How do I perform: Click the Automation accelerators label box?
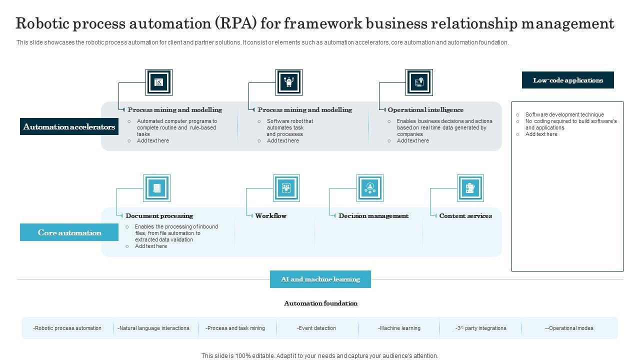69,127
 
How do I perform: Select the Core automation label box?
69,232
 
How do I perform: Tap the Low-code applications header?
567,80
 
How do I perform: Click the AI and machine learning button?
320,279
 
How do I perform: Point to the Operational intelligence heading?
425,110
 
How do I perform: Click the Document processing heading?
159,216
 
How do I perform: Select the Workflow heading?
270,216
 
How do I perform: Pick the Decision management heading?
373,216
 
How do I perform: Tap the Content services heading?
465,216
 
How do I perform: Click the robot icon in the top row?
289,82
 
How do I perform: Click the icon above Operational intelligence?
419,82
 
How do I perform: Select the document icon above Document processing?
156,188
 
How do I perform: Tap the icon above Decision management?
370,188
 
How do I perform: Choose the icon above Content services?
470,188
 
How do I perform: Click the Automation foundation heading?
320,303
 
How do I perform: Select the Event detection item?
316,328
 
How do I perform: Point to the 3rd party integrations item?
480,328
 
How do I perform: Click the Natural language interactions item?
153,328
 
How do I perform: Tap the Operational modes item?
569,328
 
